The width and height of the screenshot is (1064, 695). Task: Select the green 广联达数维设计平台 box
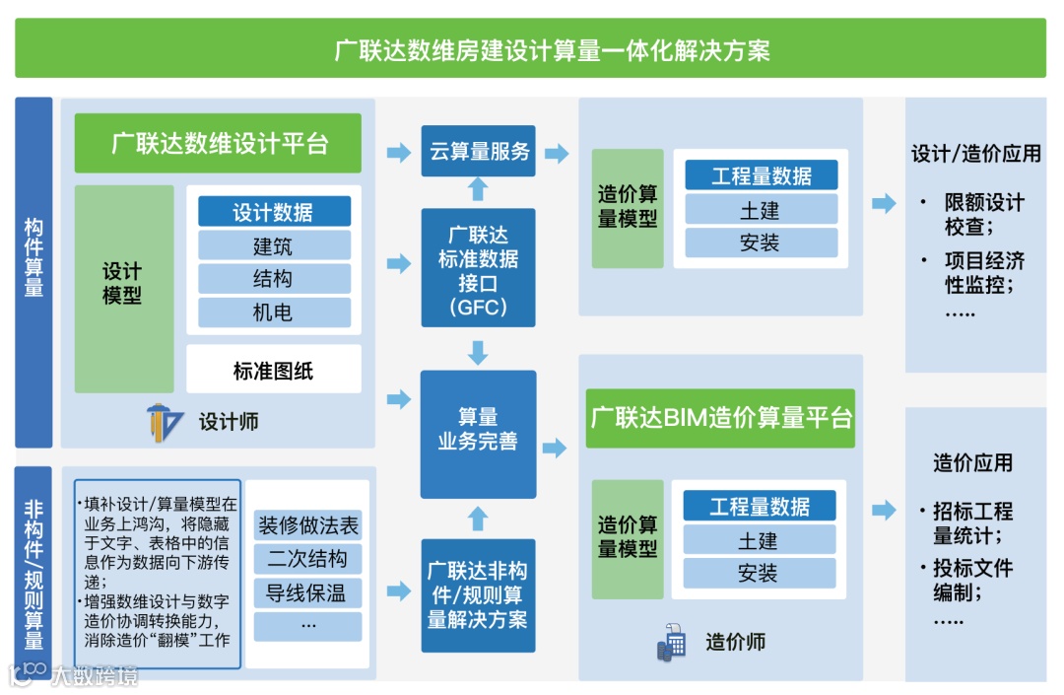click(x=218, y=143)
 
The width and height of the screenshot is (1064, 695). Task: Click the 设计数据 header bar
click(x=273, y=212)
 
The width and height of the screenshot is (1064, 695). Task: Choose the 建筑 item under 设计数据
click(x=273, y=245)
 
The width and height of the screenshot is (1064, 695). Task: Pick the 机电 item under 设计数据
click(x=273, y=313)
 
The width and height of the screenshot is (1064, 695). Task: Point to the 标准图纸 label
click(x=273, y=371)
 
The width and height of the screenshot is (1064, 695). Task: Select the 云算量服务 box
click(x=478, y=152)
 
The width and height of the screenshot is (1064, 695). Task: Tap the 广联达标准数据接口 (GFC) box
click(x=478, y=267)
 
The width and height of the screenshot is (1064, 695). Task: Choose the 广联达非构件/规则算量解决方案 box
click(x=478, y=594)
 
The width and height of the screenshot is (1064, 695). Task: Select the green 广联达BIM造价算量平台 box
click(x=721, y=417)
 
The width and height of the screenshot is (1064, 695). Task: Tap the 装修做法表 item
click(x=307, y=525)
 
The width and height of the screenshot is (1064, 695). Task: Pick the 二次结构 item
click(x=307, y=559)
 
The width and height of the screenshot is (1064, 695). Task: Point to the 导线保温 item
click(x=307, y=592)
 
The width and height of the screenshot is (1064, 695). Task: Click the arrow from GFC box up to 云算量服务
click(x=478, y=190)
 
